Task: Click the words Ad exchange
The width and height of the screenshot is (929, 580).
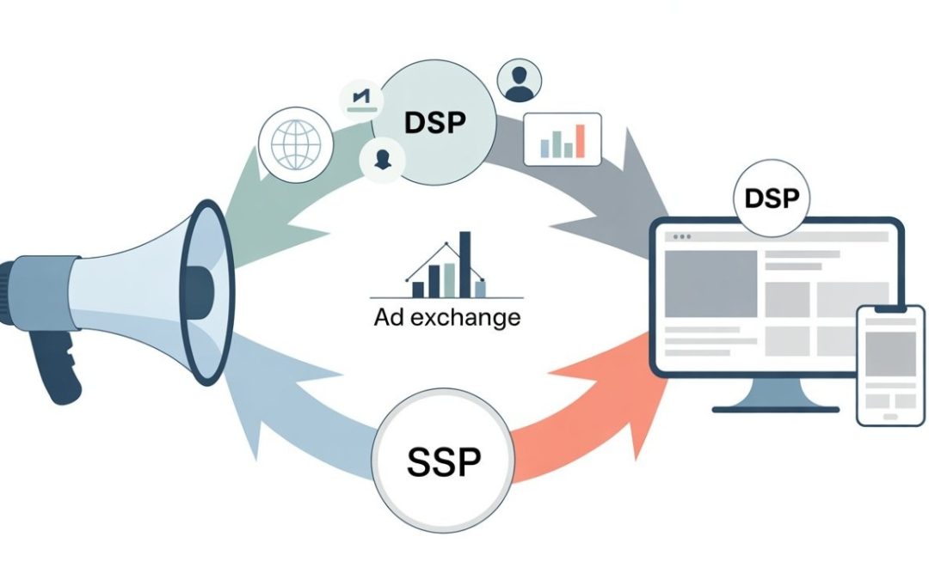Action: tap(447, 317)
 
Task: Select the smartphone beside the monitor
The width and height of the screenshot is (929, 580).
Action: tap(889, 364)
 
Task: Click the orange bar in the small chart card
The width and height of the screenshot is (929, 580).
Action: tap(580, 140)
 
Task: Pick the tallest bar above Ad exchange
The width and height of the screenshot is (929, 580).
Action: tap(465, 261)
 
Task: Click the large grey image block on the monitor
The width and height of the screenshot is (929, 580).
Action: tap(710, 283)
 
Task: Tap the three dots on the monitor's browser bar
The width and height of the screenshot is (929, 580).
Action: tap(682, 235)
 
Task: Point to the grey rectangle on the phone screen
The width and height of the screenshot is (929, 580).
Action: tap(889, 352)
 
